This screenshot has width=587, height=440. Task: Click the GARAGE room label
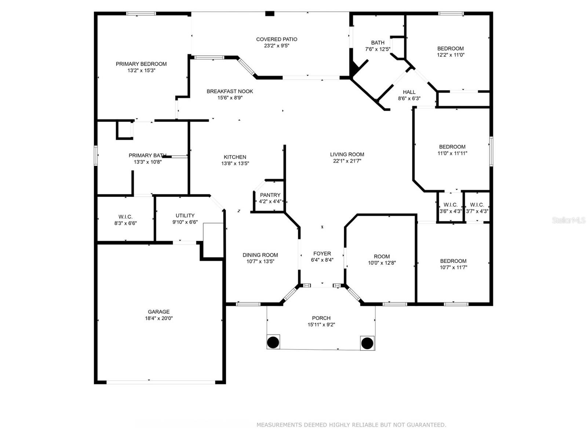click(x=159, y=312)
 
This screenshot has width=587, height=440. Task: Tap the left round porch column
click(x=273, y=342)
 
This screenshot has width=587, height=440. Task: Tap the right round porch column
click(x=367, y=343)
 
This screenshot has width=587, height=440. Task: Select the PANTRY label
click(x=270, y=195)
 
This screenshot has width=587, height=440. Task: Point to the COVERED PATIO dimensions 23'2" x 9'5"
click(x=277, y=46)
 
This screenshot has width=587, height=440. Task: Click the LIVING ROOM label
click(x=347, y=154)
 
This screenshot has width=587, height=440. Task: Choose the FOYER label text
click(x=322, y=253)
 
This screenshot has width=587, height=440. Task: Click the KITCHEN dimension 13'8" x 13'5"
click(x=235, y=164)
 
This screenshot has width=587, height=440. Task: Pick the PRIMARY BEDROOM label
click(x=141, y=64)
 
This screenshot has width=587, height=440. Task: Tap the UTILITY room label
click(x=185, y=216)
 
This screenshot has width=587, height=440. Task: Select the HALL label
click(x=409, y=92)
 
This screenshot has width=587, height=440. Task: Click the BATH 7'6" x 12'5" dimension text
click(x=378, y=49)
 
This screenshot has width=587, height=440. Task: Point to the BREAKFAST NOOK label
click(x=230, y=91)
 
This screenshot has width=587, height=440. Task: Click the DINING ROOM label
click(x=260, y=255)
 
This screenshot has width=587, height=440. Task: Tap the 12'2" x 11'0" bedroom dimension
click(x=451, y=55)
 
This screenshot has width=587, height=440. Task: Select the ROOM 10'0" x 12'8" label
click(x=382, y=256)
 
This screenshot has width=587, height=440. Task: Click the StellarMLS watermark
click(x=569, y=220)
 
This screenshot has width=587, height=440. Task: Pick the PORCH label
click(x=321, y=318)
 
